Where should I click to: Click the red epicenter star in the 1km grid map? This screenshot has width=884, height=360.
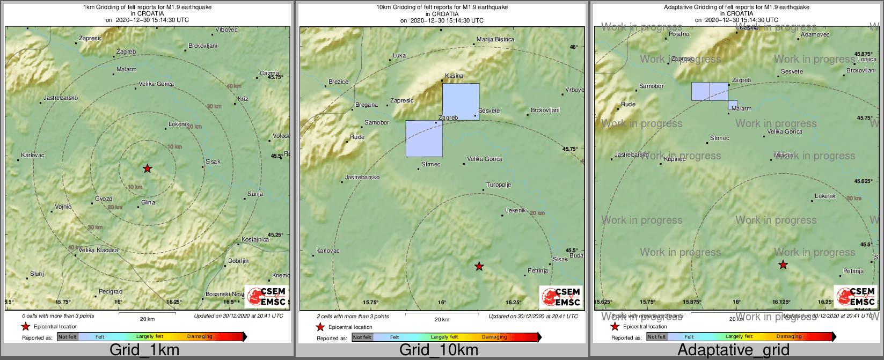(x=147, y=168)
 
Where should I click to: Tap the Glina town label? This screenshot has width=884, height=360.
(x=148, y=202)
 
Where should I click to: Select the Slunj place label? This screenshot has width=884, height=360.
(x=37, y=274)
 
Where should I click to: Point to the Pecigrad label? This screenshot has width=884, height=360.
(x=111, y=291)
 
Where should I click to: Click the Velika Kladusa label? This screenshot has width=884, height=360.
(x=98, y=250)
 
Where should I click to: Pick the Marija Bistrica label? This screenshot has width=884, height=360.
(x=495, y=39)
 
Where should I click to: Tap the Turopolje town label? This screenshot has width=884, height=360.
(x=499, y=185)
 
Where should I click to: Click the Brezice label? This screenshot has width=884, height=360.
(x=338, y=82)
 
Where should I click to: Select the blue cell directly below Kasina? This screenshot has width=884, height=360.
(x=461, y=101)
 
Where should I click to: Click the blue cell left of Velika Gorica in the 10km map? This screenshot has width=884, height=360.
(x=424, y=138)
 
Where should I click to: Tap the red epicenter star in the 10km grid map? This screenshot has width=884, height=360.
(x=479, y=266)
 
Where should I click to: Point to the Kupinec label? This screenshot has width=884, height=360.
(x=675, y=159)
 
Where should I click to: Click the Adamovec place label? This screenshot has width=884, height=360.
(x=815, y=34)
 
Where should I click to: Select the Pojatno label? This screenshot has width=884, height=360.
(x=679, y=34)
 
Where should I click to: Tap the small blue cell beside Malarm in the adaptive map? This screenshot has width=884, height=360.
(x=733, y=105)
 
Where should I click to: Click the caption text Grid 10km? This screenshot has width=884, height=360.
(x=439, y=350)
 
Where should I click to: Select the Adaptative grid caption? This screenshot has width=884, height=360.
(x=733, y=350)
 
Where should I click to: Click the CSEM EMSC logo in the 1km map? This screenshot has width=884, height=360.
(x=266, y=297)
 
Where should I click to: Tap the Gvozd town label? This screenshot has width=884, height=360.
(x=104, y=199)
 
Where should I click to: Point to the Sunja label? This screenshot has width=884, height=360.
(x=255, y=194)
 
